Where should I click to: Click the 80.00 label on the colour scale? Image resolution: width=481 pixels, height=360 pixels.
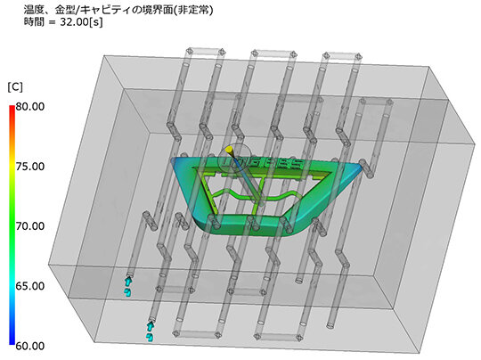[x=30, y=107]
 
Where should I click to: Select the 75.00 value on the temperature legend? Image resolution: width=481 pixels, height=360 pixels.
[x=30, y=167]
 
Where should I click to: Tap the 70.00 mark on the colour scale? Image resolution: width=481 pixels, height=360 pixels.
[x=30, y=226]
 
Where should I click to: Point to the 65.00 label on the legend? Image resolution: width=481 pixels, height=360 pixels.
[x=30, y=286]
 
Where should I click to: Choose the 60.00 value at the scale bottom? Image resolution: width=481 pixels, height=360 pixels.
[x=30, y=346]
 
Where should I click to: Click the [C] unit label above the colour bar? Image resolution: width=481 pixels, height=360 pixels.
[x=15, y=87]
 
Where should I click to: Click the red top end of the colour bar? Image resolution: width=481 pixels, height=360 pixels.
[x=12, y=107]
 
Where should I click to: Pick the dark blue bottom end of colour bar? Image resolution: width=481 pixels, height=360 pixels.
[x=12, y=342]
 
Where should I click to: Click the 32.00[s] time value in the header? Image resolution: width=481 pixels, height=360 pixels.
[x=81, y=22]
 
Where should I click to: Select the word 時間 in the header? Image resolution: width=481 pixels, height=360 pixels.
[x=34, y=22]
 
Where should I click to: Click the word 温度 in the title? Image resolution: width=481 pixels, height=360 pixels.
[x=34, y=10]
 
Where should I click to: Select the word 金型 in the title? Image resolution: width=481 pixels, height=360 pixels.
[x=65, y=10]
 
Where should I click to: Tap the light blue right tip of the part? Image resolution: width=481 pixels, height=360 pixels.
[x=359, y=168]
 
